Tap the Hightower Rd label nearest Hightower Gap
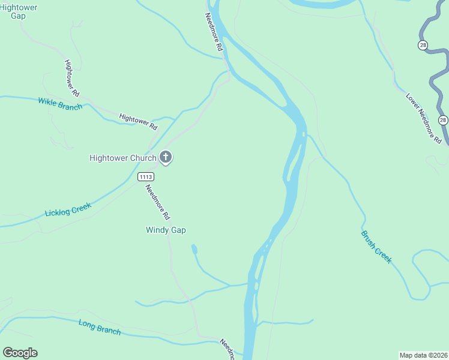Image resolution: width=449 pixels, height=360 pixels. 72,78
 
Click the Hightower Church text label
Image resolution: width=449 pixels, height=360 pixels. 122,158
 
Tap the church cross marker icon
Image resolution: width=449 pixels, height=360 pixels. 166,158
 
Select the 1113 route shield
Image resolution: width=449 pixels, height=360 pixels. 146,176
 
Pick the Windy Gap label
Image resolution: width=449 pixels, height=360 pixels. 166,230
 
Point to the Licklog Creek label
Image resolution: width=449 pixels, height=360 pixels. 68,211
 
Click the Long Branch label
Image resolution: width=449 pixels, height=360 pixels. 100,327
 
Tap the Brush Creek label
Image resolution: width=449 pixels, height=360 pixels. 376,247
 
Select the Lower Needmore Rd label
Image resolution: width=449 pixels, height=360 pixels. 423,117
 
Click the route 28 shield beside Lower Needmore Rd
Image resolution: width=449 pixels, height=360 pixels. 443,120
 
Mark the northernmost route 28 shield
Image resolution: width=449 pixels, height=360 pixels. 423,45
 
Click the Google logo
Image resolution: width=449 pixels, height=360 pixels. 20,353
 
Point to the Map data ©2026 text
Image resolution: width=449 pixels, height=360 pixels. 423,355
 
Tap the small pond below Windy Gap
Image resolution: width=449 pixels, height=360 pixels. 193,248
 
